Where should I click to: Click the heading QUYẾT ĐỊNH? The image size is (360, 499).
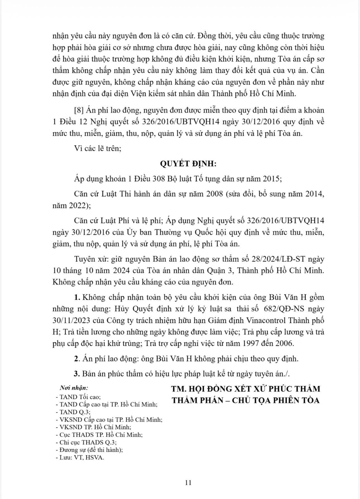pos(188,164)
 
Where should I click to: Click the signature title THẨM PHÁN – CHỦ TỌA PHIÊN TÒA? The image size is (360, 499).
pos(245,400)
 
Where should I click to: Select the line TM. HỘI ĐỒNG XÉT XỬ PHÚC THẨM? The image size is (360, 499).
pos(245,389)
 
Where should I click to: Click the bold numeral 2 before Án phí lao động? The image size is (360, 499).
pos(76,359)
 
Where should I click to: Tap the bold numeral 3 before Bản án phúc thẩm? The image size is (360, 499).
pos(76,374)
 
